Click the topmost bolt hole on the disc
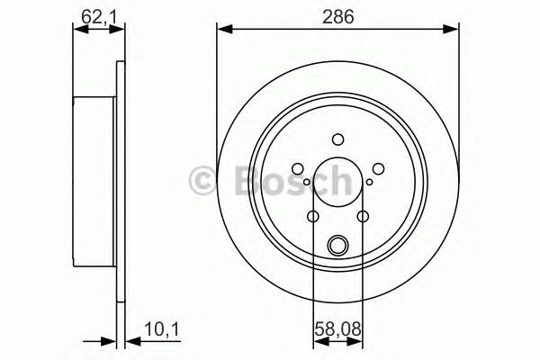pos(338,139)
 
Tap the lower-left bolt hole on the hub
pos(313,216)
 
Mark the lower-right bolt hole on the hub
pos(364,216)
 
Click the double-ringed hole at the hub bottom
pos(338,243)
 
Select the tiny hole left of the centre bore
pos(307,183)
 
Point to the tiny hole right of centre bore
pos(370,183)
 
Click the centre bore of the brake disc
pos(338,184)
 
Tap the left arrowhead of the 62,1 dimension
pos(77,29)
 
